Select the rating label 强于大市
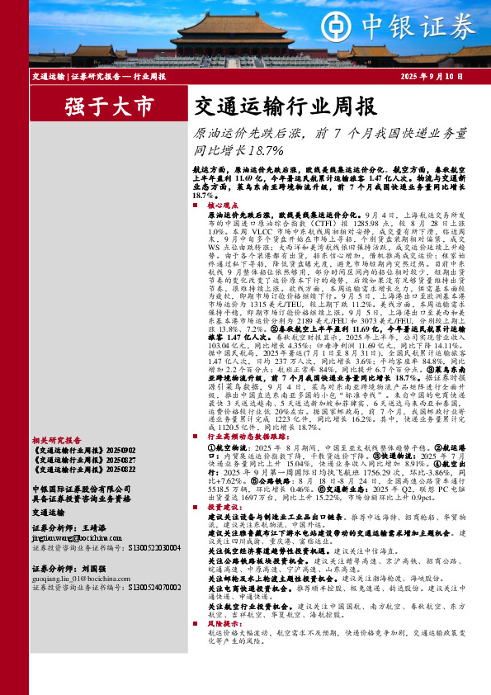(97, 106)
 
